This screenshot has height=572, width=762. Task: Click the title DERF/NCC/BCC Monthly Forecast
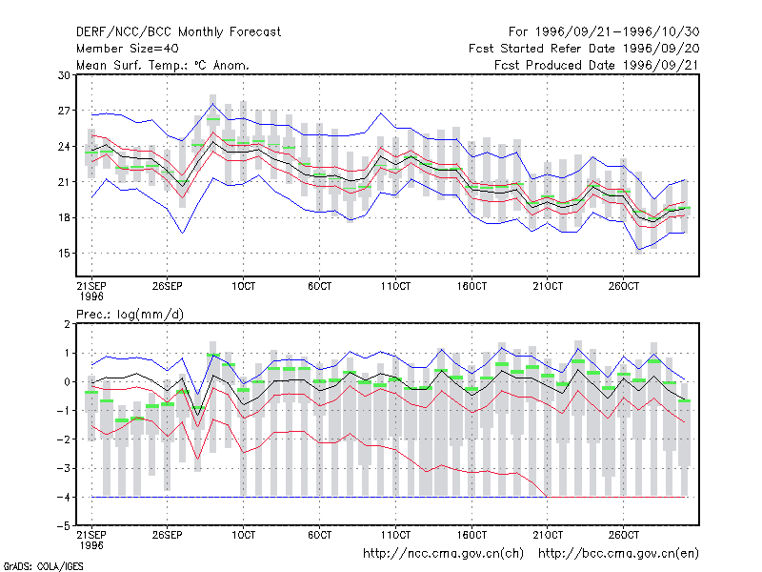coord(178,32)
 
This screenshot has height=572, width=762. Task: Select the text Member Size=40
coord(128,49)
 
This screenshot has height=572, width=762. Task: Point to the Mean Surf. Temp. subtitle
coord(163,65)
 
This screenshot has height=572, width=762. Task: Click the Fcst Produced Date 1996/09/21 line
coord(597,65)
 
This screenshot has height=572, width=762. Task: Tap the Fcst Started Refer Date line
coord(584,49)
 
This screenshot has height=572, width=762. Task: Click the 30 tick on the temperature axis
coord(64,75)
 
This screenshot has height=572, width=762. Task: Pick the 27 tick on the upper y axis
coord(64,111)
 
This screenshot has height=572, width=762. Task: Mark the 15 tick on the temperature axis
coord(64,254)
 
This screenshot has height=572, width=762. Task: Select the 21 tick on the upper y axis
coord(64,182)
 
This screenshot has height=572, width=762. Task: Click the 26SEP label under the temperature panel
coord(168,286)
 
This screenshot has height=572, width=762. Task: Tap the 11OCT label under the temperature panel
coord(395,286)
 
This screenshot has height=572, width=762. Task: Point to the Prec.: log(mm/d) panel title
coord(130,315)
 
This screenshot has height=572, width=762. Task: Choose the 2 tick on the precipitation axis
coord(67,324)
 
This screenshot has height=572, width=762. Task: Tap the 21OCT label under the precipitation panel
coord(548,535)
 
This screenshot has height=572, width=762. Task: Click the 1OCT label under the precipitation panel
coord(243,535)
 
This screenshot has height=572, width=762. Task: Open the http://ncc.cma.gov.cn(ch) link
coord(443,554)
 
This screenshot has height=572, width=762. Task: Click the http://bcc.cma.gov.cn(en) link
coord(618,554)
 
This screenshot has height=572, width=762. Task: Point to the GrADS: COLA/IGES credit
coord(44,566)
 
